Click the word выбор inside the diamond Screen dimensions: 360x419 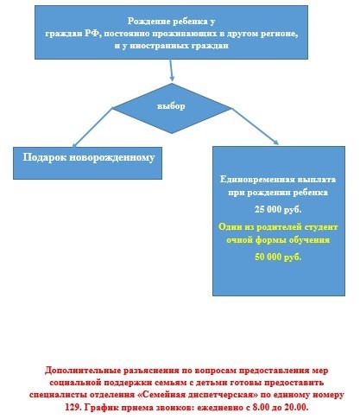click(171, 106)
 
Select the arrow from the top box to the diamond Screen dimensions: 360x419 click(171, 70)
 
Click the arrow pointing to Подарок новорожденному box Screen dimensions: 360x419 click(92, 128)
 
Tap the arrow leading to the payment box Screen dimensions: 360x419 click(255, 126)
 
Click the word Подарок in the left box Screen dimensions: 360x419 click(45, 158)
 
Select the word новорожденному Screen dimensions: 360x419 click(112, 158)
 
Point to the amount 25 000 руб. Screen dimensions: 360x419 click(278, 209)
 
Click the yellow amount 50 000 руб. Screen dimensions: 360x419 click(278, 257)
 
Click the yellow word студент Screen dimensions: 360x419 click(321, 227)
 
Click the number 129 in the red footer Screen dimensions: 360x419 click(72, 407)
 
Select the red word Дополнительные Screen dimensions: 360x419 click(82, 371)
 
